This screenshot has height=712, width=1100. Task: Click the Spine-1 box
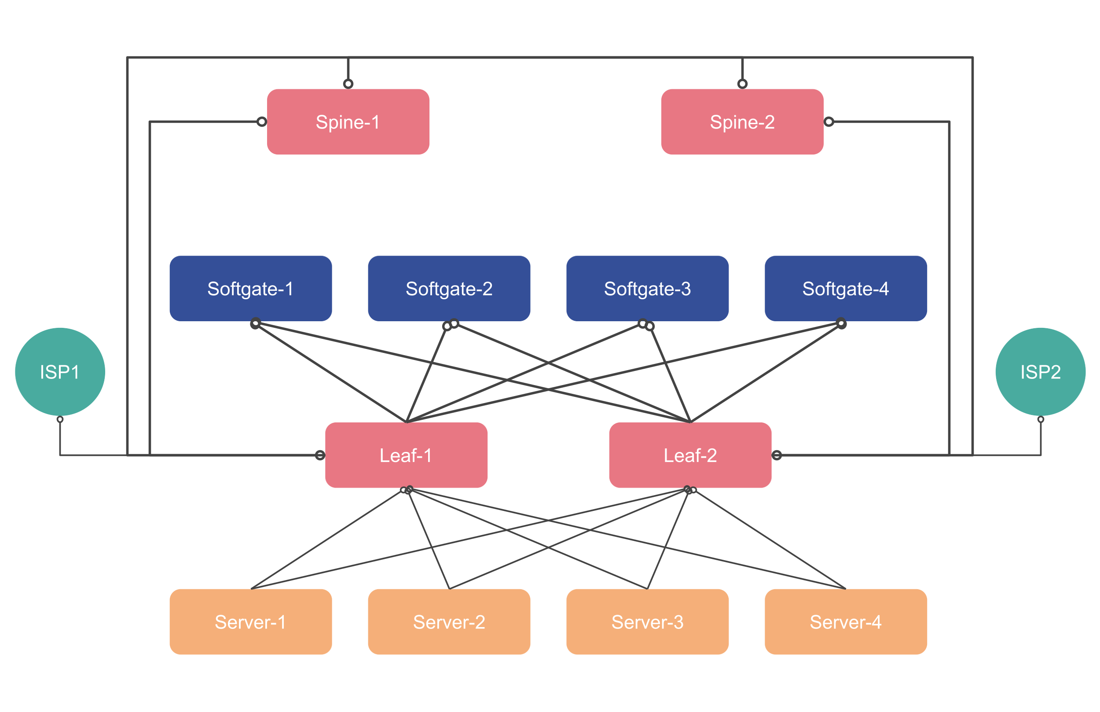pos(348,122)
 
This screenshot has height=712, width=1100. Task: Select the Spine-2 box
pos(742,122)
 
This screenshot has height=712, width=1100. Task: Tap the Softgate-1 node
pos(250,289)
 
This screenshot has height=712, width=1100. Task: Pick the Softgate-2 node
pos(449,289)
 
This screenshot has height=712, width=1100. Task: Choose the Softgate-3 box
pos(647,289)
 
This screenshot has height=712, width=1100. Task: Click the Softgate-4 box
pos(845,289)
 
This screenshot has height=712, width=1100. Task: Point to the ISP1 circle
pos(60,372)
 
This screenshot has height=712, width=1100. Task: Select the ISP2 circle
pos(1040,372)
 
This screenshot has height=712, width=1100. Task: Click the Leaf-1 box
pos(406,455)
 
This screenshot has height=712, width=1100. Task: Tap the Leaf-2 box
pos(690,455)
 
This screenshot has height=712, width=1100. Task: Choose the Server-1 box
pos(250,621)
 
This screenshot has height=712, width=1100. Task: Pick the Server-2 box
pos(449,621)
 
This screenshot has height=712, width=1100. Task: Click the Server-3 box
pos(647,621)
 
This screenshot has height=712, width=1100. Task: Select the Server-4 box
pos(845,621)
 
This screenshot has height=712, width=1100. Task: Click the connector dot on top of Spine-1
pos(348,84)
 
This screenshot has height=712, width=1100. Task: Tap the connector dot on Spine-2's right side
pos(829,121)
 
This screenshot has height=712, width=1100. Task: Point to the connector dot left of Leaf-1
pos(320,455)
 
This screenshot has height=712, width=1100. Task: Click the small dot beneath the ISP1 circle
pos(60,419)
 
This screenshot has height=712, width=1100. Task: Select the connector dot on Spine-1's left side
pos(262,121)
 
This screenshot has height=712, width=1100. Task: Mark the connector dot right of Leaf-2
pos(777,455)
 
